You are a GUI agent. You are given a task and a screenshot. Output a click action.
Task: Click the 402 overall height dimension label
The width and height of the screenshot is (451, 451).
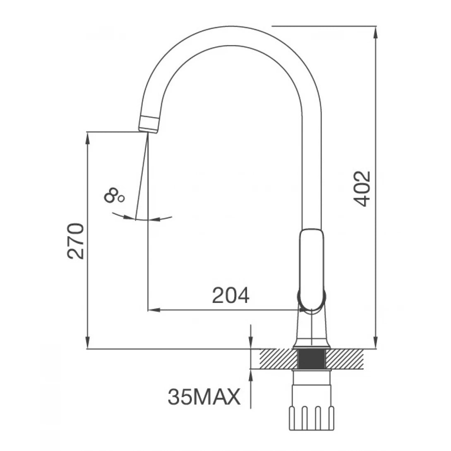click(363, 189)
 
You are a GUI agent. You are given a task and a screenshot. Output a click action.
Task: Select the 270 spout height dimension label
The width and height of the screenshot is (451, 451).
click(76, 241)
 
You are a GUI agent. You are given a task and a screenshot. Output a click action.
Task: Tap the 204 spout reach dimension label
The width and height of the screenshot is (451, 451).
click(230, 295)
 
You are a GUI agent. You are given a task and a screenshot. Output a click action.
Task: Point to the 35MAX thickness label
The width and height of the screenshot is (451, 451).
click(204, 398)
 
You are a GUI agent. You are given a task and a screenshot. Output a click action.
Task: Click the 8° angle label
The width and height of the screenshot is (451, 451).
click(114, 195)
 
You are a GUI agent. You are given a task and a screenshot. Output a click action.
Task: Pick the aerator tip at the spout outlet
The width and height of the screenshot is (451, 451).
click(149, 125)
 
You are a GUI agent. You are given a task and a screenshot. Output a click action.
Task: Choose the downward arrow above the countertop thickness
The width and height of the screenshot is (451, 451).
click(251, 343)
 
